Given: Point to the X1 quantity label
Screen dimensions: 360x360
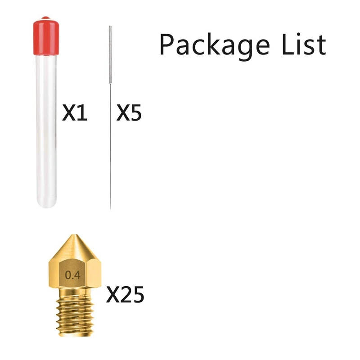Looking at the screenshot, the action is [x=75, y=113].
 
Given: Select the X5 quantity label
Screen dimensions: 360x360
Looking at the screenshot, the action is [x=129, y=113].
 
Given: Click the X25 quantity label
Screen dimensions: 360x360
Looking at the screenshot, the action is [x=125, y=295].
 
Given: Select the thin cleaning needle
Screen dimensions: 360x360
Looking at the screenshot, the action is [x=110, y=135].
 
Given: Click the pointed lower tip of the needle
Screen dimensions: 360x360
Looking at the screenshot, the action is [x=110, y=205].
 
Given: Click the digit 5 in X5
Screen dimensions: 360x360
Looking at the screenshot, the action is [x=135, y=113].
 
